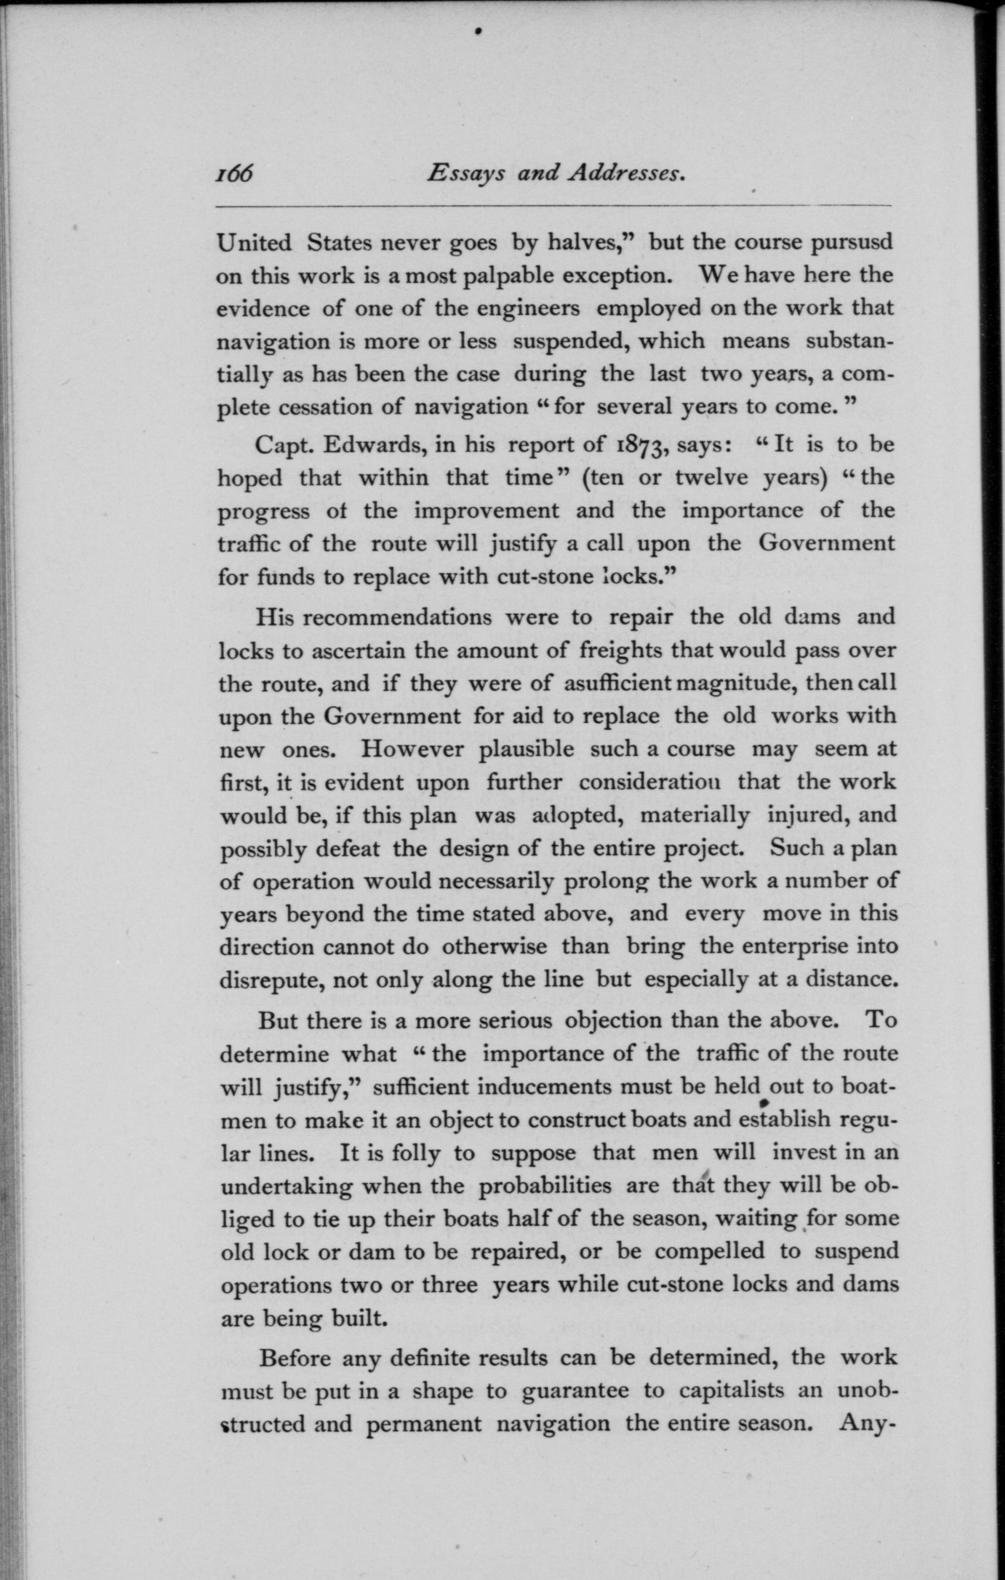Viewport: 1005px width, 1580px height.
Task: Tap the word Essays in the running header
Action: tap(466, 174)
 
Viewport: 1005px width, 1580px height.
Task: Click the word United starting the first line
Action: tap(254, 242)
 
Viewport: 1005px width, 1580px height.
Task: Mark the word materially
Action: tap(694, 816)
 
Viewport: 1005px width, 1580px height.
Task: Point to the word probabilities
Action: tap(544, 1186)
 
